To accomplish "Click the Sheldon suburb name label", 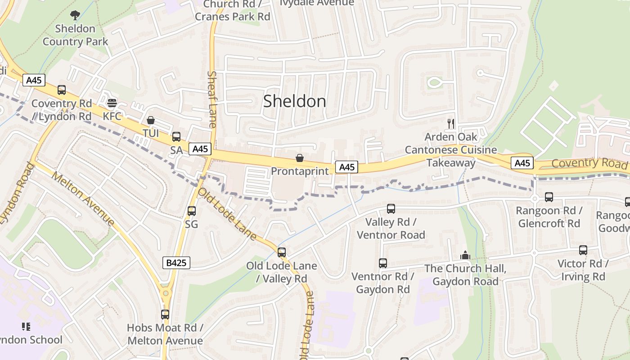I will click(295, 101).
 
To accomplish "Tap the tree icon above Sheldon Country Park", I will click(75, 15).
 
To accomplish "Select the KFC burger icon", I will click(112, 103).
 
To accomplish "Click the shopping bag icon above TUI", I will click(151, 120).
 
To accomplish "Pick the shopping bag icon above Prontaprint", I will click(299, 158).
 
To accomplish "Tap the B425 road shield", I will click(176, 263).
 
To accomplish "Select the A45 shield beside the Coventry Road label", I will click(522, 163).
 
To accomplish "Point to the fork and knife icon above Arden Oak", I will click(451, 123).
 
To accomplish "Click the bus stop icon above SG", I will click(191, 211).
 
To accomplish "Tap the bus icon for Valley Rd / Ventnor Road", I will click(391, 209).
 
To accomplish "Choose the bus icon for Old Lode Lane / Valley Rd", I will click(282, 252).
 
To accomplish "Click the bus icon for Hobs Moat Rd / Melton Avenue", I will click(165, 315).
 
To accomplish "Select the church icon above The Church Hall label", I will click(465, 256).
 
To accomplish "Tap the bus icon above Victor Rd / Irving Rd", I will click(583, 250).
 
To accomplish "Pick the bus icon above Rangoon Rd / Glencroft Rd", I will click(549, 197).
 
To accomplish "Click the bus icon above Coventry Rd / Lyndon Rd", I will click(62, 90).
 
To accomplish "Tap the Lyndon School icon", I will click(26, 326).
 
